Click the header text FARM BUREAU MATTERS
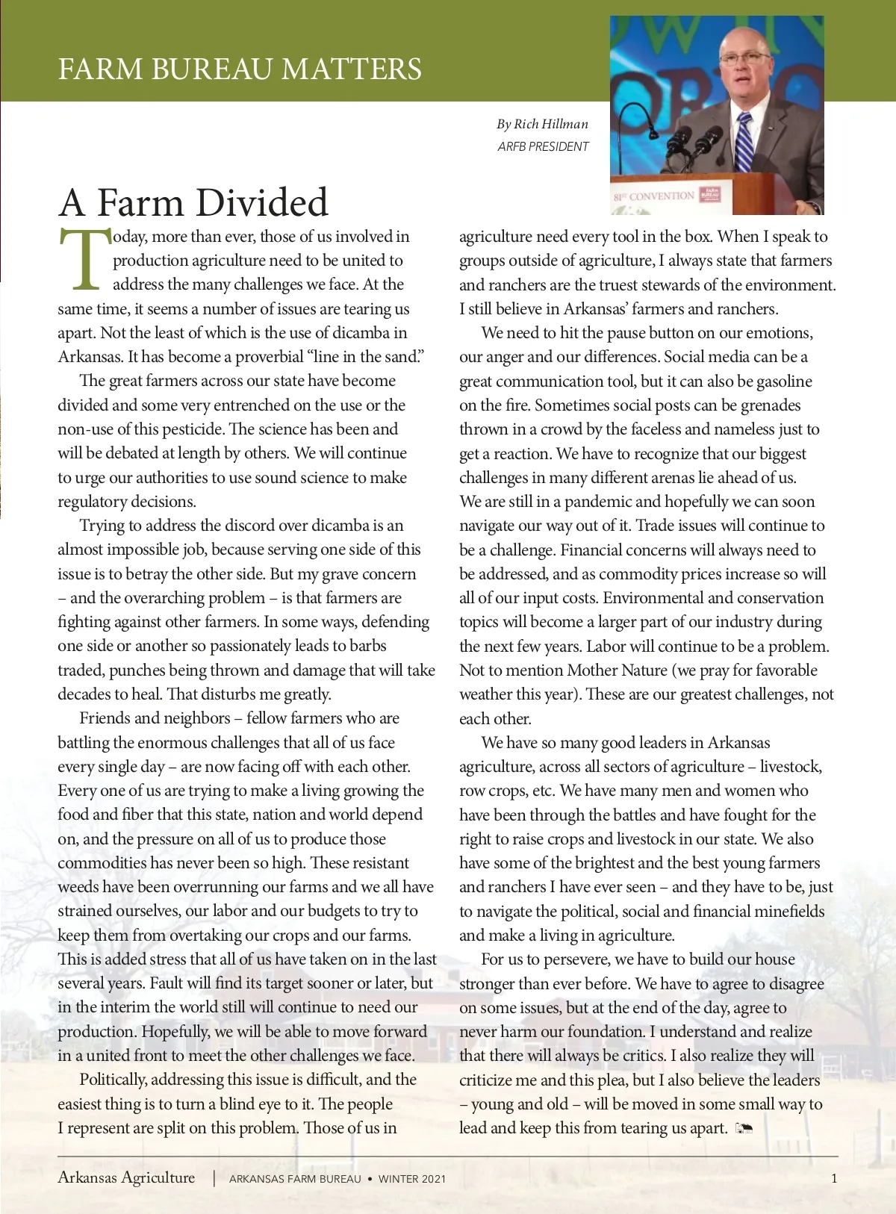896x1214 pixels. point(240,69)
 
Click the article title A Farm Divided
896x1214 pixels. point(193,202)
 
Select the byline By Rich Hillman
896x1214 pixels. point(543,124)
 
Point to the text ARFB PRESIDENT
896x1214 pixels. point(543,146)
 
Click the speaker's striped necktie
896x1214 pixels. point(744,141)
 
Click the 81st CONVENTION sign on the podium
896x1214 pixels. point(654,196)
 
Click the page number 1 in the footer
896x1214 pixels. point(834,1179)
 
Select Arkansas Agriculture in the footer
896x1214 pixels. point(126,1177)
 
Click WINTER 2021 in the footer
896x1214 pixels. point(412,1179)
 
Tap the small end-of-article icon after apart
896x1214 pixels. point(744,1127)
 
